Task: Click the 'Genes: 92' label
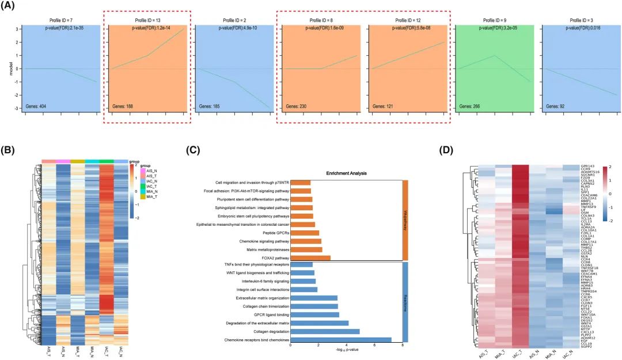(x=555, y=107)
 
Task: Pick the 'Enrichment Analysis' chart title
(x=346, y=173)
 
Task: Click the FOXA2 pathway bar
(x=310, y=258)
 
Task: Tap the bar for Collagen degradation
(x=325, y=332)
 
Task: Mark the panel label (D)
(x=447, y=150)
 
